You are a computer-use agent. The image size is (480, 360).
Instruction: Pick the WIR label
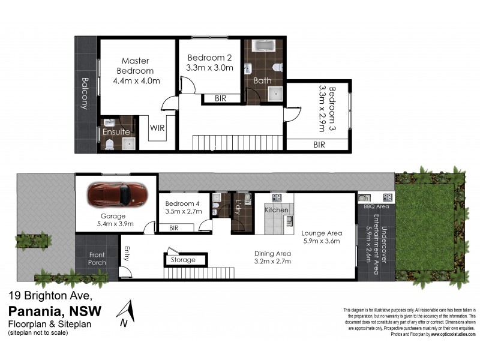click(x=157, y=128)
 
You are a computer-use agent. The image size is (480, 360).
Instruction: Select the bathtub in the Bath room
click(x=263, y=46)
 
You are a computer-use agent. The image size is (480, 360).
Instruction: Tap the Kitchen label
click(x=277, y=211)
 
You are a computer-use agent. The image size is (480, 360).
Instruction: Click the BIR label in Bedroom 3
click(x=319, y=145)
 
